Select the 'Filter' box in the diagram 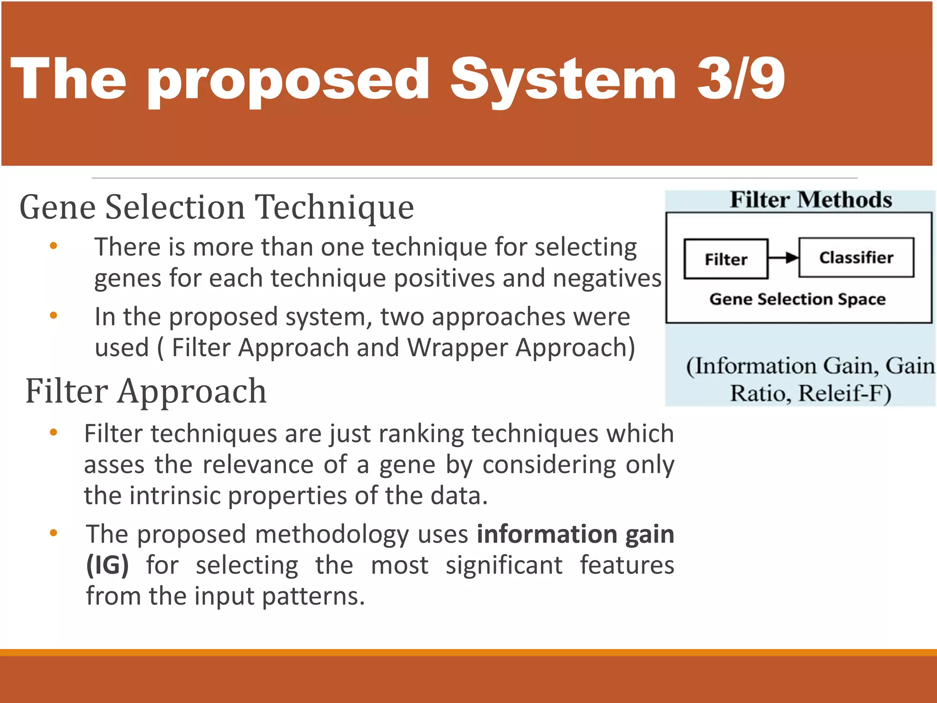(x=726, y=259)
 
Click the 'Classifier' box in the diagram (x=856, y=258)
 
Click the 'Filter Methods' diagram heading (x=811, y=200)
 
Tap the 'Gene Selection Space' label (x=797, y=299)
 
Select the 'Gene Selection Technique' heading (x=216, y=207)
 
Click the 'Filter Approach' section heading (x=146, y=391)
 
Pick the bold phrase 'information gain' (x=575, y=534)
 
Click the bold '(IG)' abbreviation (x=108, y=565)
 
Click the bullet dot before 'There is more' (x=54, y=246)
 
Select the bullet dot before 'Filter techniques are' (x=54, y=432)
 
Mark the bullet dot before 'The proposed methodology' (x=54, y=533)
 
